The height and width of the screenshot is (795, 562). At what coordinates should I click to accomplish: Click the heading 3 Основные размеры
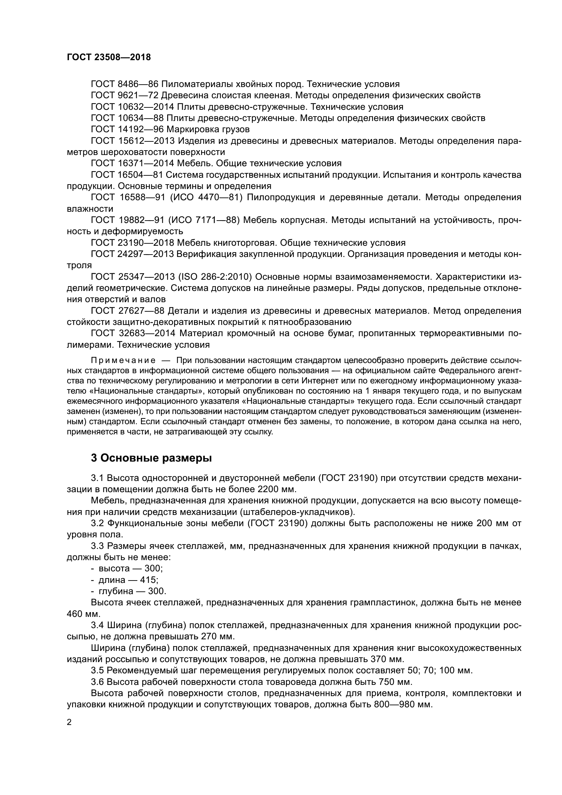(x=151, y=458)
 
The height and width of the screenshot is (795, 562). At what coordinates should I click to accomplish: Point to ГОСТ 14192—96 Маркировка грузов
(x=170, y=129)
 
